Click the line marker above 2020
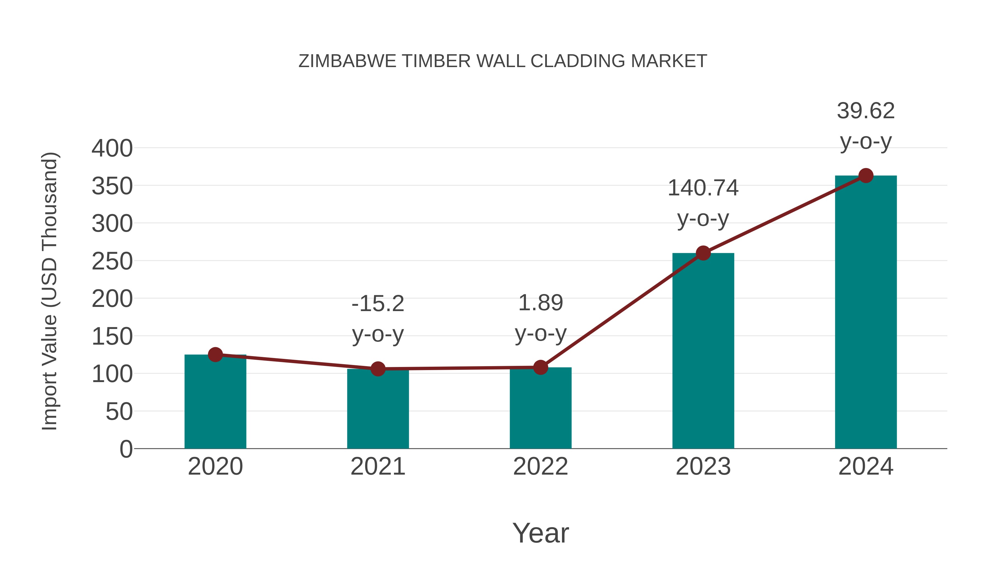[215, 355]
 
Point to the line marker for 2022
[540, 367]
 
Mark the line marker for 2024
[866, 176]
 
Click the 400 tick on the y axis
[112, 148]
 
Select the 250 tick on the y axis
[112, 261]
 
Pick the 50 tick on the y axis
[119, 411]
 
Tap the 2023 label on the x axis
[703, 466]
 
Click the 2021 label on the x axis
[378, 466]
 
